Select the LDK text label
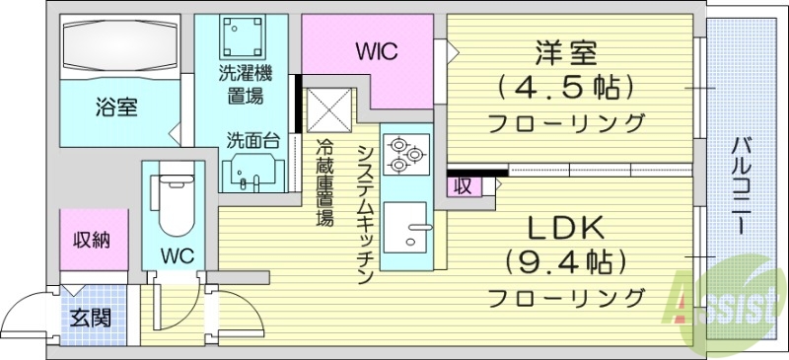(x=565, y=229)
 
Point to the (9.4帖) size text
(x=566, y=262)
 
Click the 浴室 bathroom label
(x=115, y=105)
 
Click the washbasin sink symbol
(x=248, y=174)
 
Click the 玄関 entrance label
(x=91, y=318)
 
